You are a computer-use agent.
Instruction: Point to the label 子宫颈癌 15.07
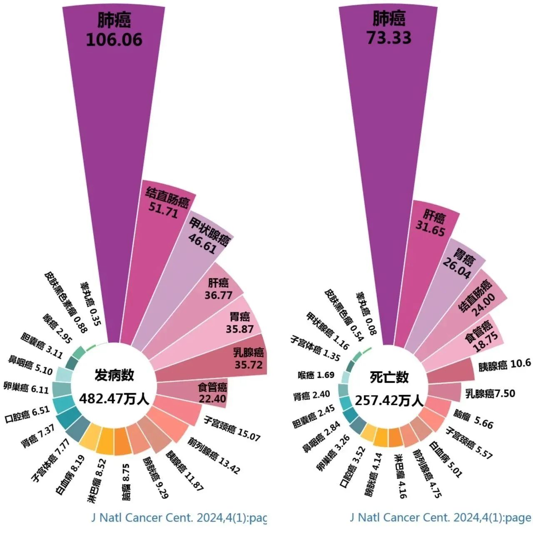click(232, 428)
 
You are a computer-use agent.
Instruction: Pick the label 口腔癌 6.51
click(27, 413)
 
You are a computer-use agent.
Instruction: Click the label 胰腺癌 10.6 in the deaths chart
click(504, 365)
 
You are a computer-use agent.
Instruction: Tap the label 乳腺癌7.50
click(490, 393)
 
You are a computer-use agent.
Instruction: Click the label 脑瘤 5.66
click(473, 419)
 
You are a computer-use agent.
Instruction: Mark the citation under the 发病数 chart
click(179, 518)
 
